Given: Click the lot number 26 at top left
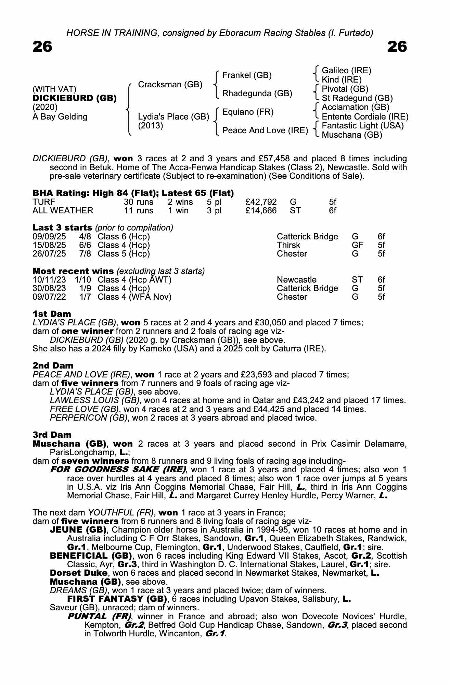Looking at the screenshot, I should (x=42, y=47).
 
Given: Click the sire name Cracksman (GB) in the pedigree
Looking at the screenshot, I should (x=170, y=85).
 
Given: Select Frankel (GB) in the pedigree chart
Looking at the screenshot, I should (x=247, y=75).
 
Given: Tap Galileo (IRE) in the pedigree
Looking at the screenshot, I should (x=346, y=71).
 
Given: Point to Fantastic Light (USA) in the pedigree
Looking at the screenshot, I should (x=362, y=126).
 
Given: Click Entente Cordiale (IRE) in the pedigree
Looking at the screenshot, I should (x=365, y=117).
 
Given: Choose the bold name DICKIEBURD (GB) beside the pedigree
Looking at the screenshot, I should (x=75, y=98).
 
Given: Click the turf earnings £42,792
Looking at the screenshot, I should (x=261, y=202).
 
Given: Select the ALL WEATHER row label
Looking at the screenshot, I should (x=63, y=211).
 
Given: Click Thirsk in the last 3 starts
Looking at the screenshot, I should (x=288, y=245).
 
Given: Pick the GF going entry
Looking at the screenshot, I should (x=357, y=245).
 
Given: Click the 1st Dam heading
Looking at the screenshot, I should (x=52, y=314).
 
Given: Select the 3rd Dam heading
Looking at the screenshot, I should (x=52, y=435).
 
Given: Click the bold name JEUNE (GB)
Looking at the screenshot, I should (x=81, y=530).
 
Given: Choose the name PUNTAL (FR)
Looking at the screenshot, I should (x=100, y=616).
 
